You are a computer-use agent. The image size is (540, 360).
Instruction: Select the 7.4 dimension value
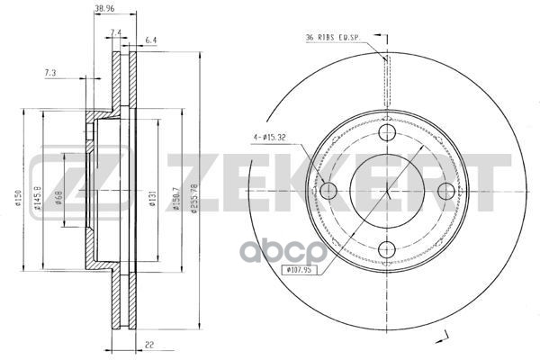[x=115, y=32]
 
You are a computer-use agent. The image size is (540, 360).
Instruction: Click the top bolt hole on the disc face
[x=386, y=134]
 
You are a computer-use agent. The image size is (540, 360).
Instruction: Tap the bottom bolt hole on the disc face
[x=386, y=249]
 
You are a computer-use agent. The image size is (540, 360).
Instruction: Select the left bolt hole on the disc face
[x=328, y=192]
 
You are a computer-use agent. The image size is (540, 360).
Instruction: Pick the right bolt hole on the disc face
[x=444, y=192]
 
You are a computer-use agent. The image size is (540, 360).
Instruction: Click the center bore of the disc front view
[x=386, y=192]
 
